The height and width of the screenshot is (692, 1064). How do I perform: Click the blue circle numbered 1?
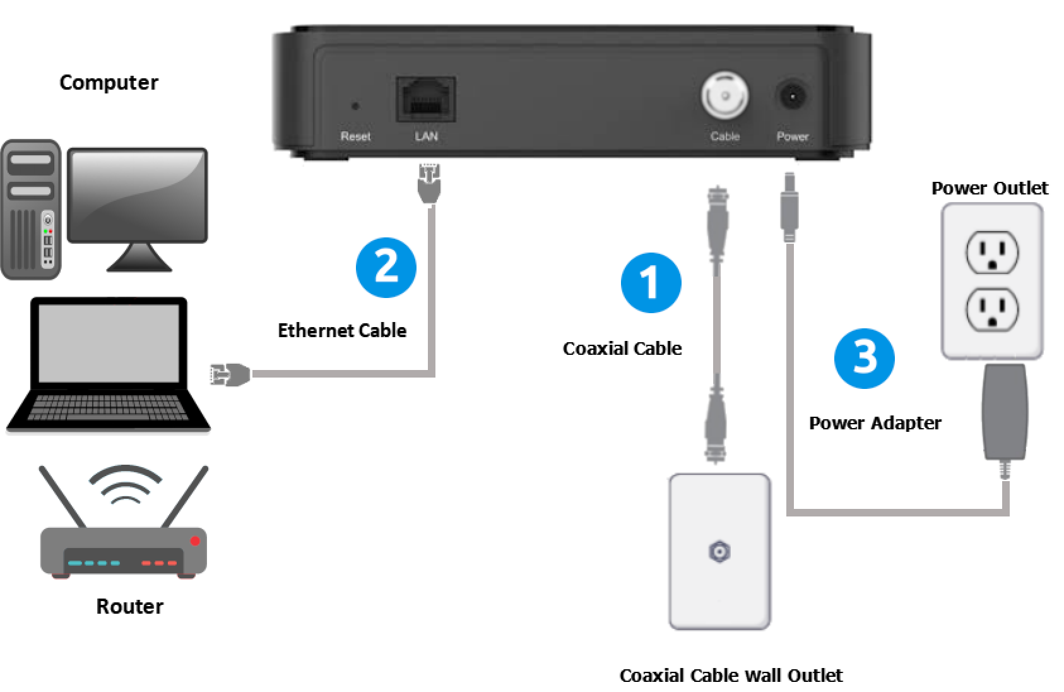(x=651, y=282)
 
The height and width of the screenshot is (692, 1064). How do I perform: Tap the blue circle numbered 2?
(x=386, y=267)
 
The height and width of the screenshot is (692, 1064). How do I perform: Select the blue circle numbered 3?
(x=864, y=358)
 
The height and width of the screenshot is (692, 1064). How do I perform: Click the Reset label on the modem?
(x=355, y=136)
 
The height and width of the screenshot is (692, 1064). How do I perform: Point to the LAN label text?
(x=426, y=136)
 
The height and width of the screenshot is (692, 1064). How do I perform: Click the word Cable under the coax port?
(x=724, y=136)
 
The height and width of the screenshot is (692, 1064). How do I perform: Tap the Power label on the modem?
(x=793, y=136)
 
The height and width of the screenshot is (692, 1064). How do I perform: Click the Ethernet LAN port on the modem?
(x=425, y=99)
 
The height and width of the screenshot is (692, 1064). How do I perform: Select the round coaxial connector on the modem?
(x=725, y=96)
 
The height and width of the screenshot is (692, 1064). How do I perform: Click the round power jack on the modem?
(x=793, y=97)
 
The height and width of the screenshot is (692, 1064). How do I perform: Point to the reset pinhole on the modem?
(x=355, y=106)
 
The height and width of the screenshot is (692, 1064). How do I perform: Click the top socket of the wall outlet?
(x=992, y=251)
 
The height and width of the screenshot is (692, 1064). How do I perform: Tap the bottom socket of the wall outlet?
(x=992, y=309)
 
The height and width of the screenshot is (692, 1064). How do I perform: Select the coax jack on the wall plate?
(x=719, y=552)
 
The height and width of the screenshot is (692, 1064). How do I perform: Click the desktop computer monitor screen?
(x=137, y=194)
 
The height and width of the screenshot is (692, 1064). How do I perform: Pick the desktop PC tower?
(x=30, y=210)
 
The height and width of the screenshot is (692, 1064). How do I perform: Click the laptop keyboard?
(x=108, y=407)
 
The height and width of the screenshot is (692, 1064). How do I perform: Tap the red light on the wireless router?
(x=195, y=541)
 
